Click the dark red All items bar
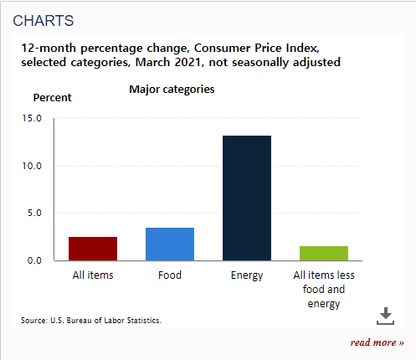[93, 249]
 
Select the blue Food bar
[170, 244]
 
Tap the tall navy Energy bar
[247, 198]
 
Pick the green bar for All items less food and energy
[324, 253]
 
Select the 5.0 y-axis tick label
[34, 213]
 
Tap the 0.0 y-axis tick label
[34, 260]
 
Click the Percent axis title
[52, 97]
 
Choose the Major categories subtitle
[172, 89]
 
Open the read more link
[377, 342]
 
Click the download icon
[384, 315]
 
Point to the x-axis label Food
[170, 275]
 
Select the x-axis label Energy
[247, 275]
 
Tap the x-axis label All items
[93, 275]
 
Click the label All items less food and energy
[324, 289]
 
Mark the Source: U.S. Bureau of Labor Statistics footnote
[90, 320]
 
